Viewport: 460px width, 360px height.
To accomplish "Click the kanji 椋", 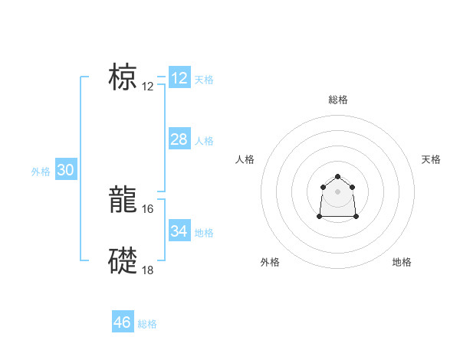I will (x=123, y=77).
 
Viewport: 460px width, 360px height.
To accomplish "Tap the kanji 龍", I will (x=123, y=200).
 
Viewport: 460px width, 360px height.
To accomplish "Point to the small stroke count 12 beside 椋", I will (x=148, y=87).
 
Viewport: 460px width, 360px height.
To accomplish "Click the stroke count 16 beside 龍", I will (x=148, y=208).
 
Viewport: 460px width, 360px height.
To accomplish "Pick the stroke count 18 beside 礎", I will (x=148, y=270).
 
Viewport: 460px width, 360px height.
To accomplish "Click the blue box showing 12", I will (x=179, y=78).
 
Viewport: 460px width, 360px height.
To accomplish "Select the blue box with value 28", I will (x=179, y=139).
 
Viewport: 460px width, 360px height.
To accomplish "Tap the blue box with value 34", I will (x=179, y=231).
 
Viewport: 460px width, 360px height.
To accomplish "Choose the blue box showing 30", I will (x=65, y=170).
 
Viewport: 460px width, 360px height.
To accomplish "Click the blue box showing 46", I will (x=123, y=322).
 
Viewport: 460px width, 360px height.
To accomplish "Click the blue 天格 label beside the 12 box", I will (x=204, y=80).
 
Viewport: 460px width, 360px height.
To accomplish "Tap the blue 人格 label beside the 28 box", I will (x=204, y=141).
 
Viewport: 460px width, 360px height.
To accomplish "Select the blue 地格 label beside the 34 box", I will (x=204, y=233).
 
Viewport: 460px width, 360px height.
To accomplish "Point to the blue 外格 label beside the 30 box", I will (x=41, y=172).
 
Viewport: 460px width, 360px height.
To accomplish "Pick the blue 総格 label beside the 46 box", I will (x=147, y=325).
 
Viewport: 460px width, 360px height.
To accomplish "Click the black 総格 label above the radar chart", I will (x=338, y=100).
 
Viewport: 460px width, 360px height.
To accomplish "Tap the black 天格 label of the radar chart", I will (x=432, y=159).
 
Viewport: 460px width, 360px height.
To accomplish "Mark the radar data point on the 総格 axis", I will (x=338, y=177).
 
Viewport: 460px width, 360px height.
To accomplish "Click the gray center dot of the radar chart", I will (x=338, y=191).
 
